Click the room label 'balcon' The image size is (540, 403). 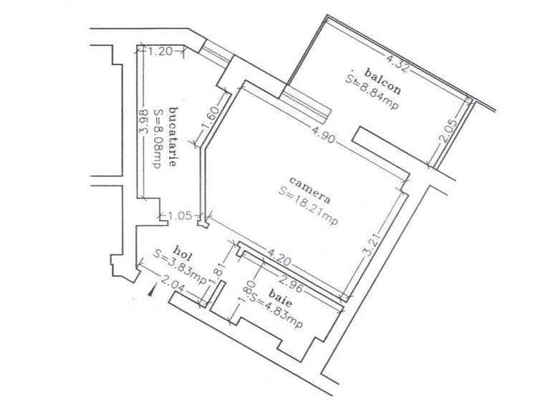[x=382, y=82]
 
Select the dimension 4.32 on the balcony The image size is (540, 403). [x=398, y=63]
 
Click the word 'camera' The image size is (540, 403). [x=310, y=190]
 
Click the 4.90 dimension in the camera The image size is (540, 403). [x=323, y=135]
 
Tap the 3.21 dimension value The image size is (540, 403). [x=373, y=244]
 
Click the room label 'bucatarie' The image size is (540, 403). [x=173, y=137]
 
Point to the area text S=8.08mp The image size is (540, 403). [x=158, y=138]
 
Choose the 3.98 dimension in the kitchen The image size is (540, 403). [x=144, y=121]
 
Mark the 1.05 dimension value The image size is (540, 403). [x=180, y=215]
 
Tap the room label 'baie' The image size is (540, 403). [x=280, y=298]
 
